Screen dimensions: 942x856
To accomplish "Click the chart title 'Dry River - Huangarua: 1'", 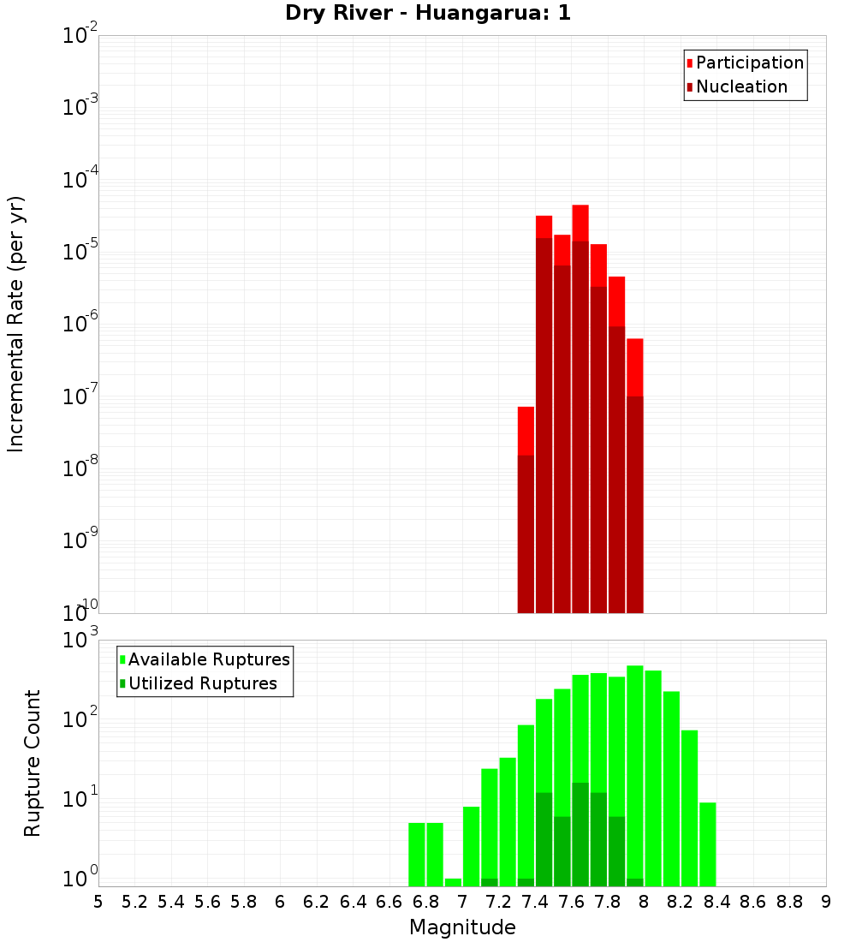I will coord(428,13).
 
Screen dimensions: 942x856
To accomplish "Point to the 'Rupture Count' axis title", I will coord(33,762).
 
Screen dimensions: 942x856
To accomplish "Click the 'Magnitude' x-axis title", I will coord(462,927).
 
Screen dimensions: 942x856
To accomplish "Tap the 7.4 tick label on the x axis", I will coord(535,902).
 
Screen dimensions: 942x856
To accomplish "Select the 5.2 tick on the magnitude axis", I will coord(134,902).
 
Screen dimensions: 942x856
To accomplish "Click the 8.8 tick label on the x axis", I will coord(789,902).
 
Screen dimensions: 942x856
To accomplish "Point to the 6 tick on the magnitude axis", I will coord(280,902).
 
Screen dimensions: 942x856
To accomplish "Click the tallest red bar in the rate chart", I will coord(580,223).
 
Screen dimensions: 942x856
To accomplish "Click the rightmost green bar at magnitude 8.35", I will coord(707,844).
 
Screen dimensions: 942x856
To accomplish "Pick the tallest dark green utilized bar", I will coord(580,834).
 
